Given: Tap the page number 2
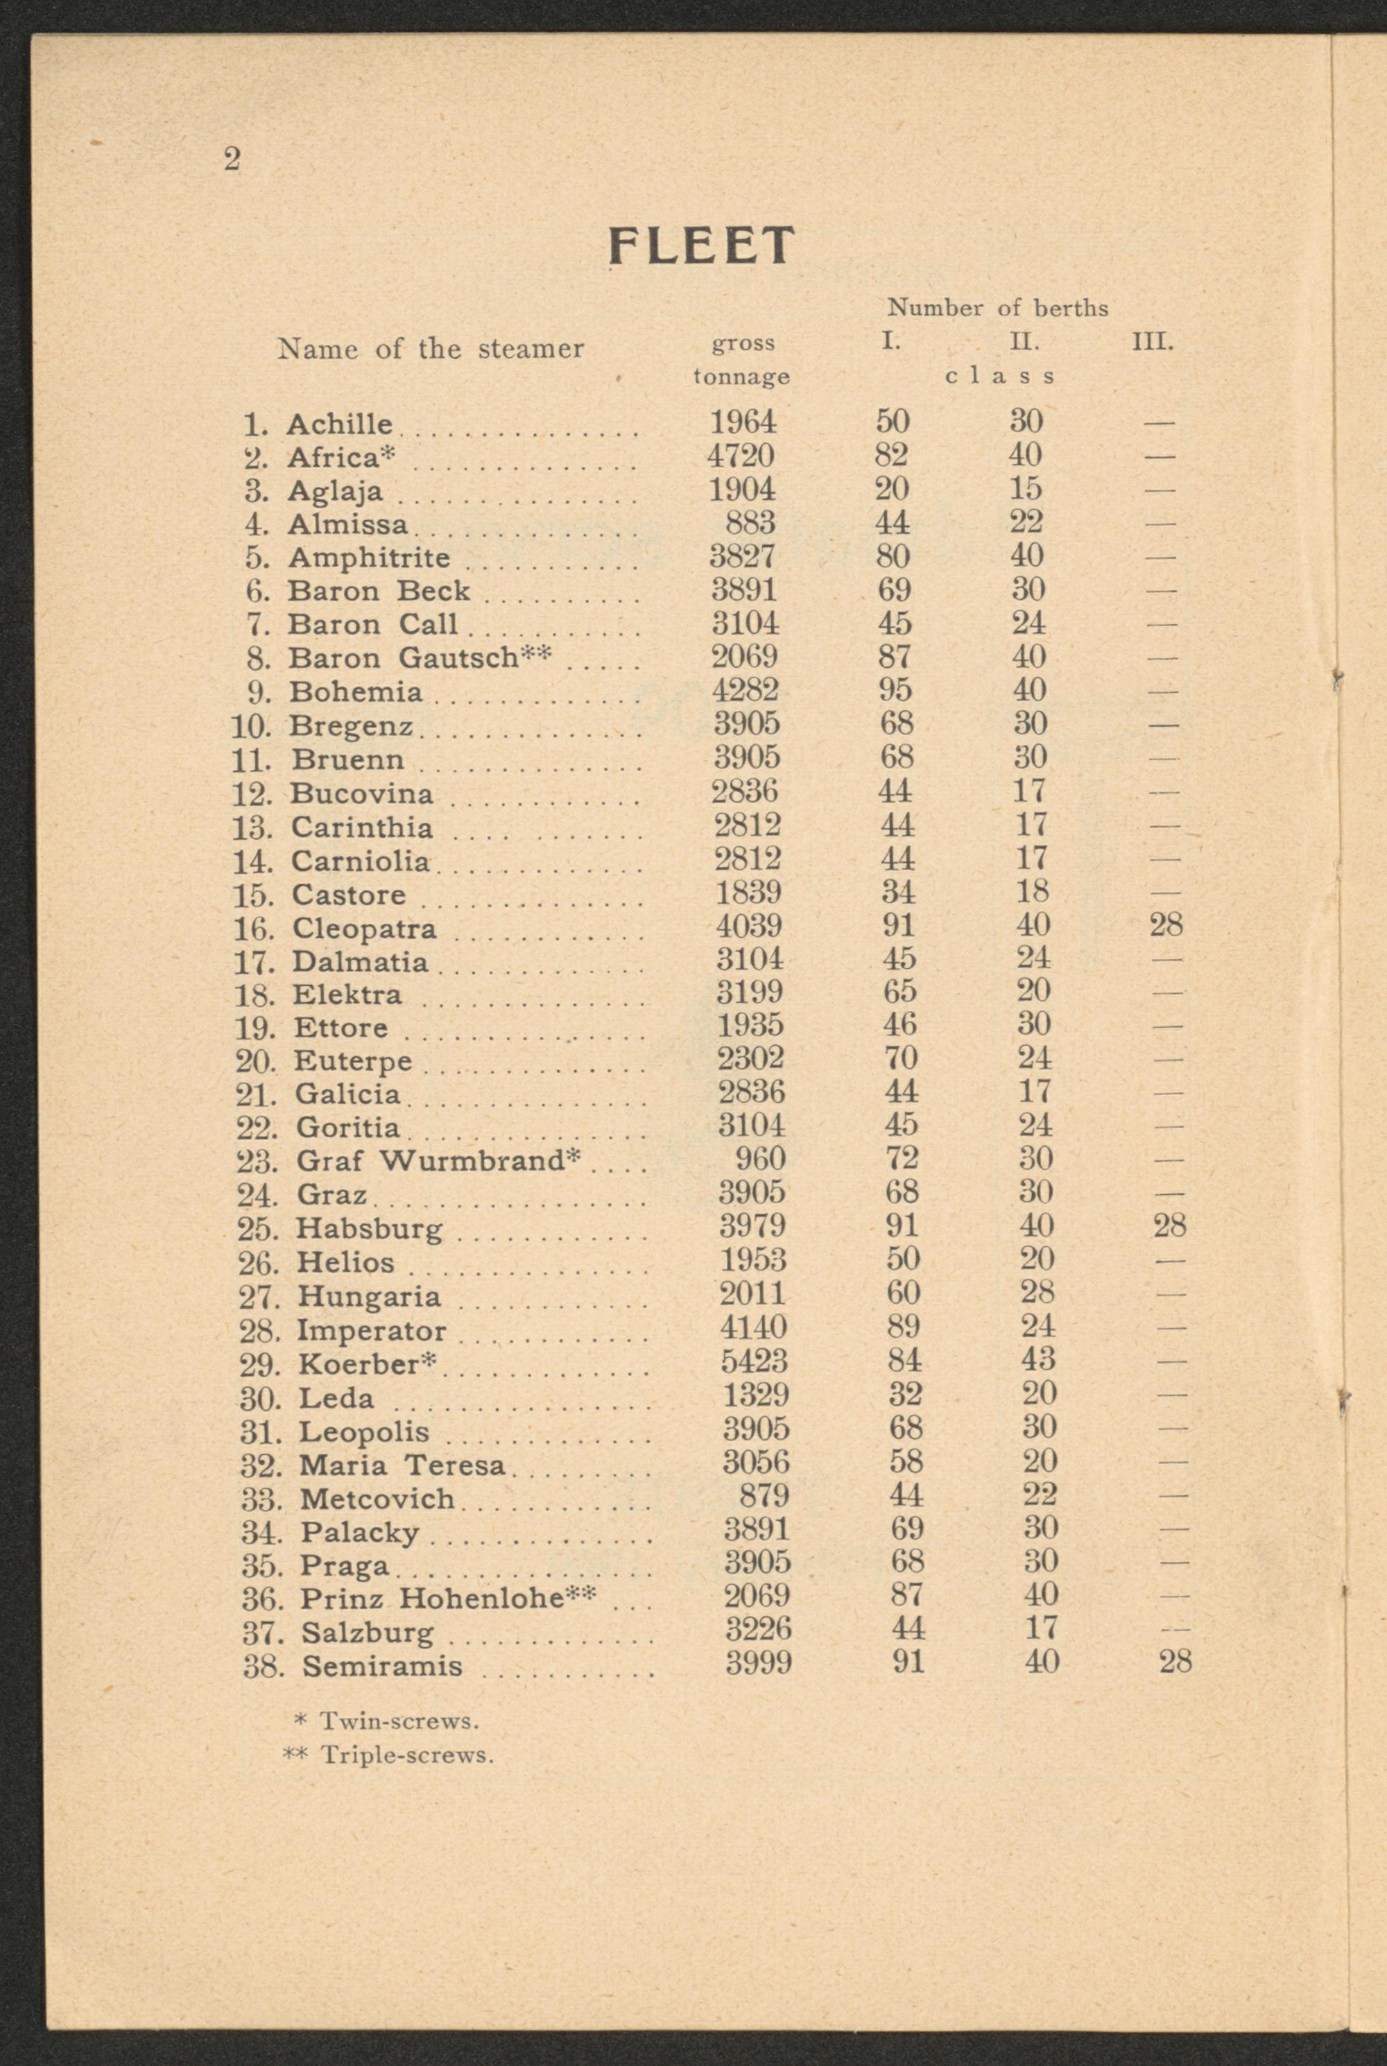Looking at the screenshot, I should [232, 160].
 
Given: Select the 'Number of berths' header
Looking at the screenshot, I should [997, 308].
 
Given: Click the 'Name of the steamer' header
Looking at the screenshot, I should [431, 348].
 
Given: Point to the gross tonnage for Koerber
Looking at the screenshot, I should [754, 1360].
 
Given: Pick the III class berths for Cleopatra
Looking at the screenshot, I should [1166, 925].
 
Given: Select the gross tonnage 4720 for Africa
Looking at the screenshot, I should [741, 456].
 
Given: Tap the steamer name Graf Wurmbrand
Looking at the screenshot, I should [438, 1160].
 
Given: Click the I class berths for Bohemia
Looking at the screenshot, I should [895, 690].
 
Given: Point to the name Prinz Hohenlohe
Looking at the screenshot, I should [447, 1598].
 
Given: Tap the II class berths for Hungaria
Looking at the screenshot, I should [1036, 1292].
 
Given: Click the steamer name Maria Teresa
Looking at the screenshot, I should [402, 1465].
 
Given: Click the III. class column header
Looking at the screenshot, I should [1153, 341].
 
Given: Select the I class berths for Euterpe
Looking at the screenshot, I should [900, 1058].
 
